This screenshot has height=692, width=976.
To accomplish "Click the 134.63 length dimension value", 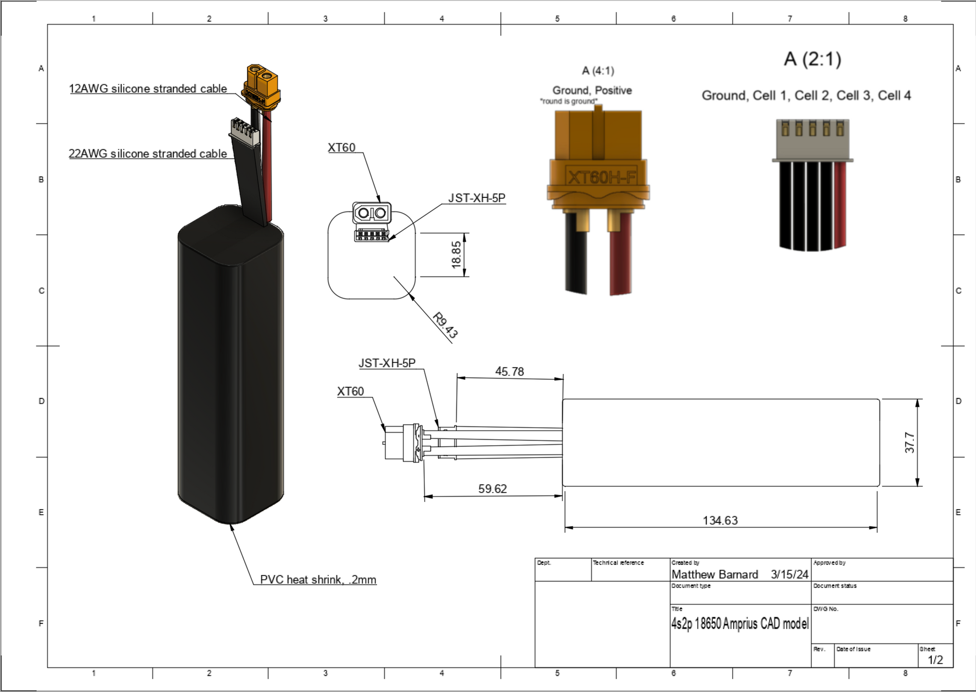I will coord(720,520).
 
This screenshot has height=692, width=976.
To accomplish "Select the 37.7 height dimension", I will coord(909,443).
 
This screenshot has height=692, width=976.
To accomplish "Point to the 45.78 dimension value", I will coord(509,371).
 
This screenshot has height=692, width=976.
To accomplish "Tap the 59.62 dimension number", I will coord(492,488).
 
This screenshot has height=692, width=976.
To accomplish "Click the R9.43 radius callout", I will coord(445,325).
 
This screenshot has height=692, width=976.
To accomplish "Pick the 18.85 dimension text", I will coord(456,255).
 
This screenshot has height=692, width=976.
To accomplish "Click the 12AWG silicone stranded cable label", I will coord(148,89).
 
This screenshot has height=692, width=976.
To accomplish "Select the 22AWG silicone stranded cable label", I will coord(148,154).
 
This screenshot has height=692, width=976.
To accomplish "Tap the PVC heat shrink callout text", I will coord(318,580).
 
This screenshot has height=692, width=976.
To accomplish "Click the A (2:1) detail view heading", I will coord(812,59).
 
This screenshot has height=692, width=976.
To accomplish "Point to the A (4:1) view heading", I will coord(598,71).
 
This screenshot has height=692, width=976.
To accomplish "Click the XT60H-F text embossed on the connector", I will coord(601,177).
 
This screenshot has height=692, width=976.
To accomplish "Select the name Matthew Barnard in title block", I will coord(715,574).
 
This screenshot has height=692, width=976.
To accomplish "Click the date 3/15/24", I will coord(790,574).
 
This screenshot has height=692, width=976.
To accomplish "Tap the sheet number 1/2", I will coord(935,659).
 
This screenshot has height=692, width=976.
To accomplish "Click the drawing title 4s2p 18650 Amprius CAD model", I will coord(740,624).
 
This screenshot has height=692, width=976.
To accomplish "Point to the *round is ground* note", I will coord(569,101).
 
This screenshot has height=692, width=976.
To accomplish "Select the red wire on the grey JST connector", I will coord(840,205).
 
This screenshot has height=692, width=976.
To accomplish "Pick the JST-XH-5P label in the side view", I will coord(387,363).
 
